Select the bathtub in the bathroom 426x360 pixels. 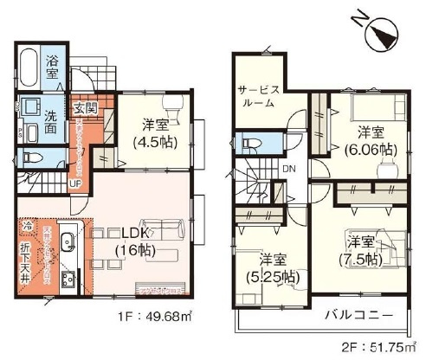(27, 70)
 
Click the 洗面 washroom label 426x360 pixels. (53, 122)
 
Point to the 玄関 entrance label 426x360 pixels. (85, 108)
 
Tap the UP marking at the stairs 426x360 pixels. (75, 184)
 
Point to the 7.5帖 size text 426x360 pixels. (361, 258)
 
